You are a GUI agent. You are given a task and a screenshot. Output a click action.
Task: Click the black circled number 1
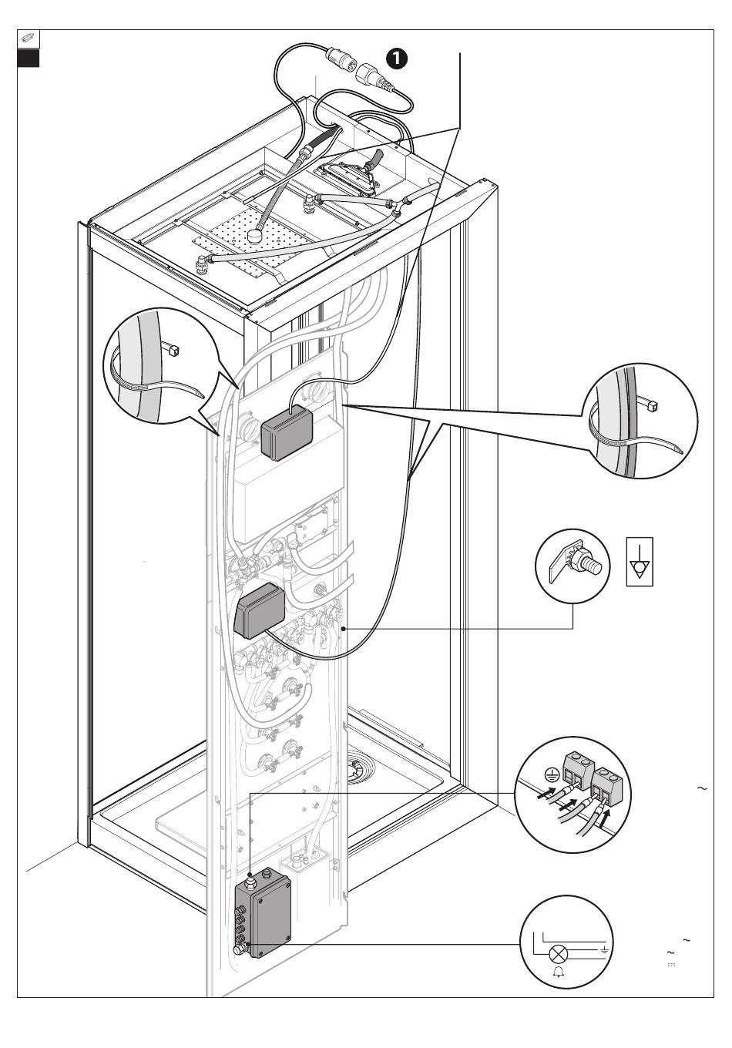coord(397,59)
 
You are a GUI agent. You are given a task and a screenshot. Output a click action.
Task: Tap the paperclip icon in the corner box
coord(28,39)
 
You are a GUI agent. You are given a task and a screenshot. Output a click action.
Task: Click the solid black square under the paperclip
coord(28,58)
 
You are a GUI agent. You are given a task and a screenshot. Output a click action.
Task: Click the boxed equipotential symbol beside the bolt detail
coord(640,562)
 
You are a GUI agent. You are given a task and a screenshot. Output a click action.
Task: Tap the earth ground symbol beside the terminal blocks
coord(552,776)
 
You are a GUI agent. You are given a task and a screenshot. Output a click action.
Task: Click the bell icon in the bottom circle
coord(558,972)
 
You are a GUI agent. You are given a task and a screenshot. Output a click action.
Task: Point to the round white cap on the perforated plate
coord(255,234)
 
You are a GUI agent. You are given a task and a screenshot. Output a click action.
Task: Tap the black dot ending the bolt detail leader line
coord(344,629)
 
